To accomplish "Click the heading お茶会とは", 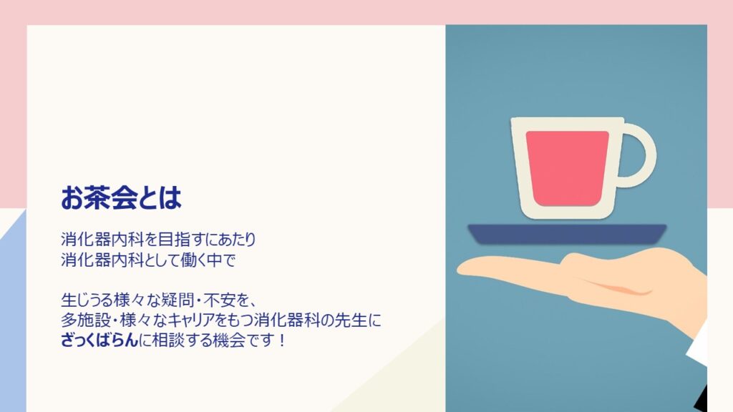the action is point(121,197).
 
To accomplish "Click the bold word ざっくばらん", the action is point(99,340).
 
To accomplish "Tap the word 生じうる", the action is point(87,300).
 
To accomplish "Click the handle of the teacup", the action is point(646,155).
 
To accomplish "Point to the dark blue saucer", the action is point(567,234).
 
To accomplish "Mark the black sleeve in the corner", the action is point(701,398).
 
